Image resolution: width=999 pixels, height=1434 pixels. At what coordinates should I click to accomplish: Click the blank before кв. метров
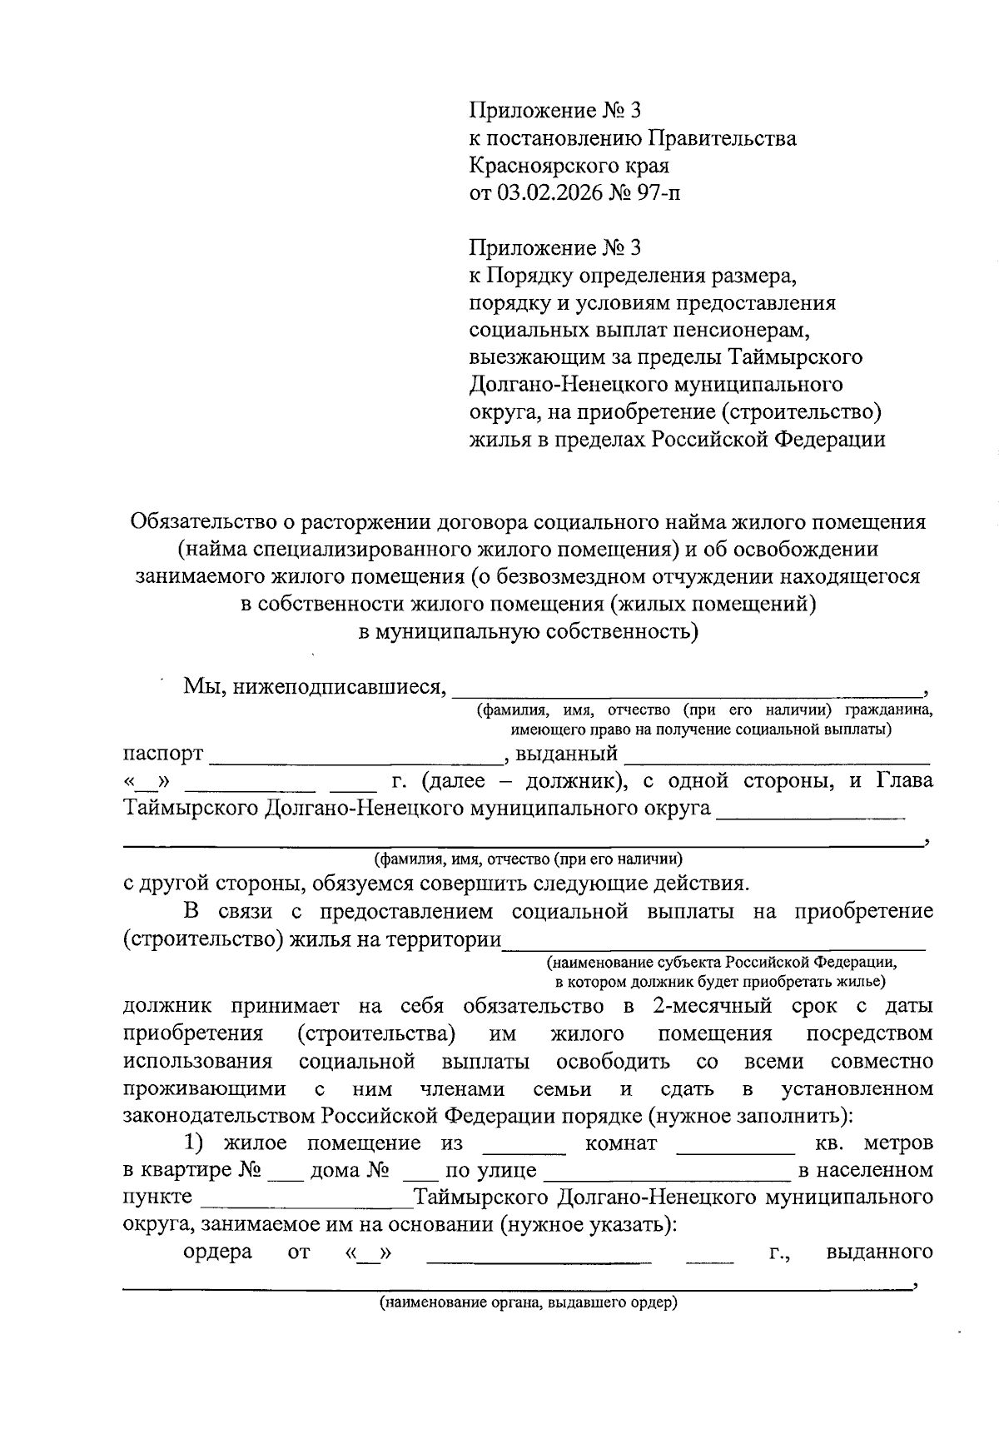click(x=735, y=1150)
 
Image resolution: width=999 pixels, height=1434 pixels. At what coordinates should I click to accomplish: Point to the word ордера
click(x=217, y=1252)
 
